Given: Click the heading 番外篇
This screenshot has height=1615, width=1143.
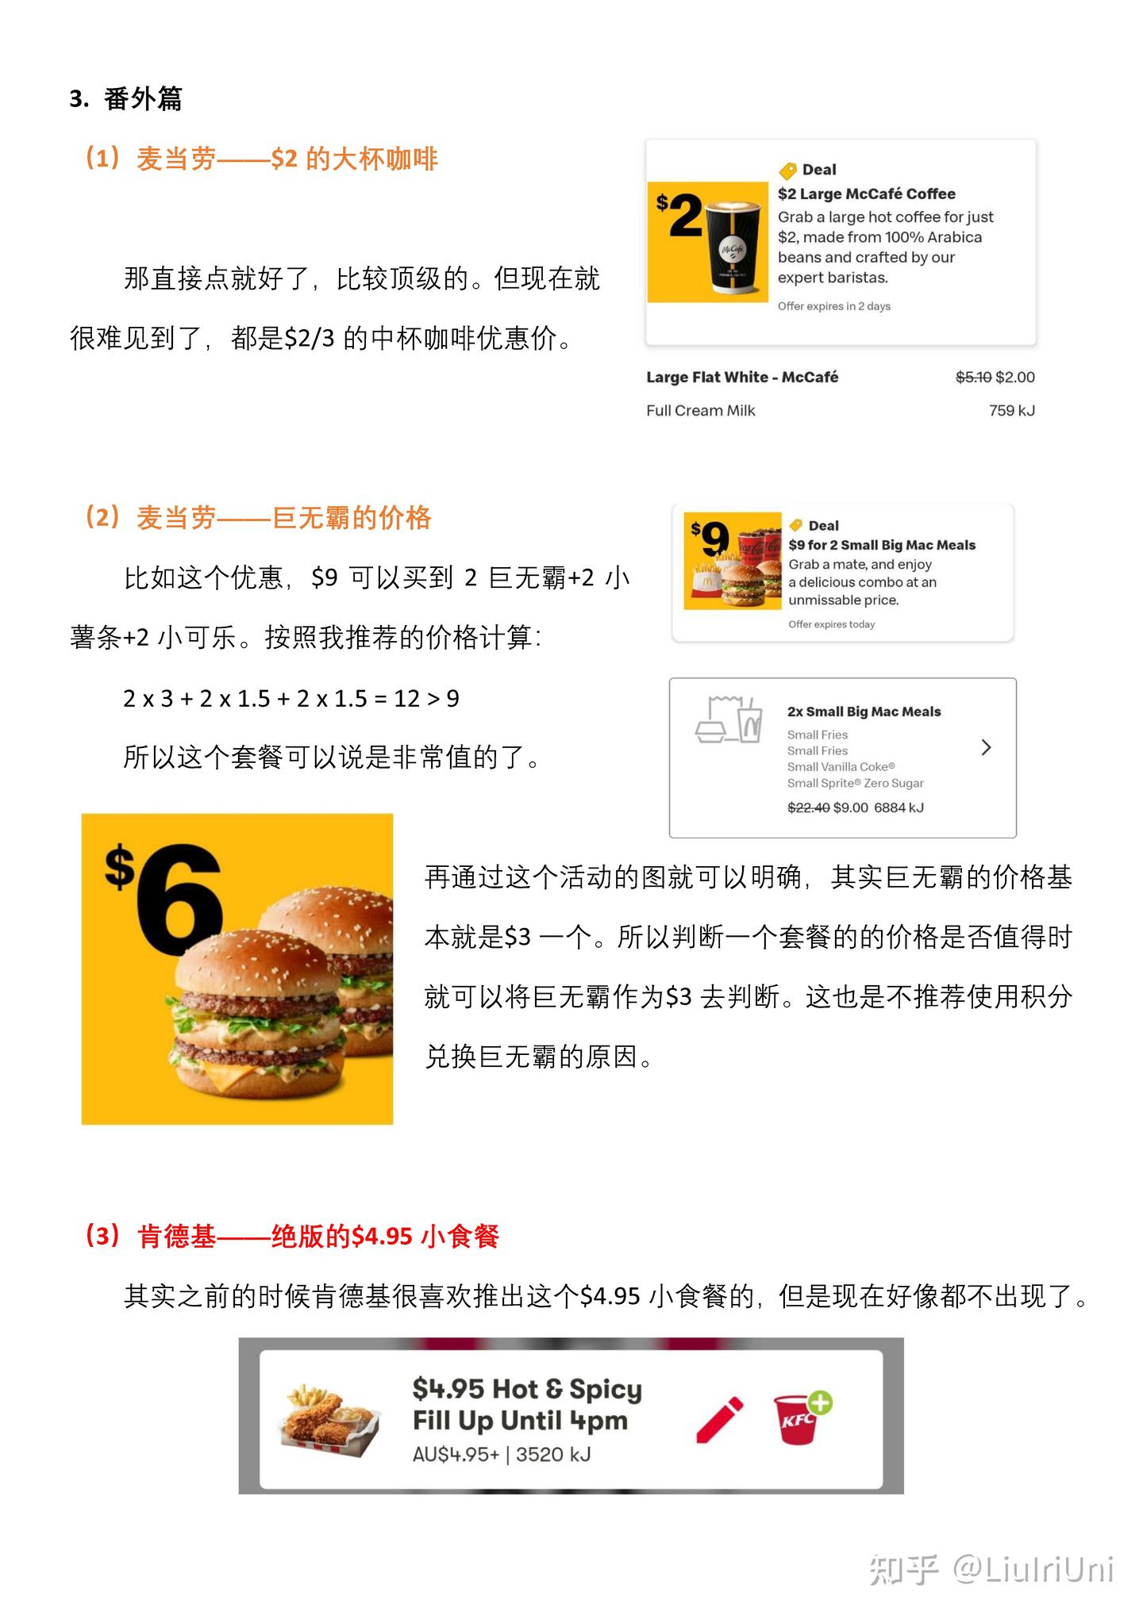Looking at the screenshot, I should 143,99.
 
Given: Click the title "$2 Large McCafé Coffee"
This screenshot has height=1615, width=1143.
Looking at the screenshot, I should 866,194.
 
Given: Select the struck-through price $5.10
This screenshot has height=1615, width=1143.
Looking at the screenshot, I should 973,378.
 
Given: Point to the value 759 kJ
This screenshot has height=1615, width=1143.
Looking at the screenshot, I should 1011,410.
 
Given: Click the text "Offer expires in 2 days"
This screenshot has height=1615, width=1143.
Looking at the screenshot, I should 833,306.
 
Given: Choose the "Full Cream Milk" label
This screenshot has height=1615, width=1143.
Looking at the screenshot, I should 700,410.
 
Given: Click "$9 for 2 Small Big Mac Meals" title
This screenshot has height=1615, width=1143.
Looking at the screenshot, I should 881,545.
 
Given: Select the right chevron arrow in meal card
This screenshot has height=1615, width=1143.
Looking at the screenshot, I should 986,747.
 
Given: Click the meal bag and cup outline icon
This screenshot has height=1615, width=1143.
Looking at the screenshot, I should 729,720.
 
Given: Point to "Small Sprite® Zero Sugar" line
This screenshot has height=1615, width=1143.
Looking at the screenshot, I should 855,783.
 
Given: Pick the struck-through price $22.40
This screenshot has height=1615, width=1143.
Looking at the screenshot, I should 808,807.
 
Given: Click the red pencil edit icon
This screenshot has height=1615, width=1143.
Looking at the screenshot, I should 719,1419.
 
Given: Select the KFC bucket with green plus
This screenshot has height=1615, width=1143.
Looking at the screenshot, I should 801,1417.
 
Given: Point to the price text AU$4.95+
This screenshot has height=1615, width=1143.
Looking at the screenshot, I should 456,1454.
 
